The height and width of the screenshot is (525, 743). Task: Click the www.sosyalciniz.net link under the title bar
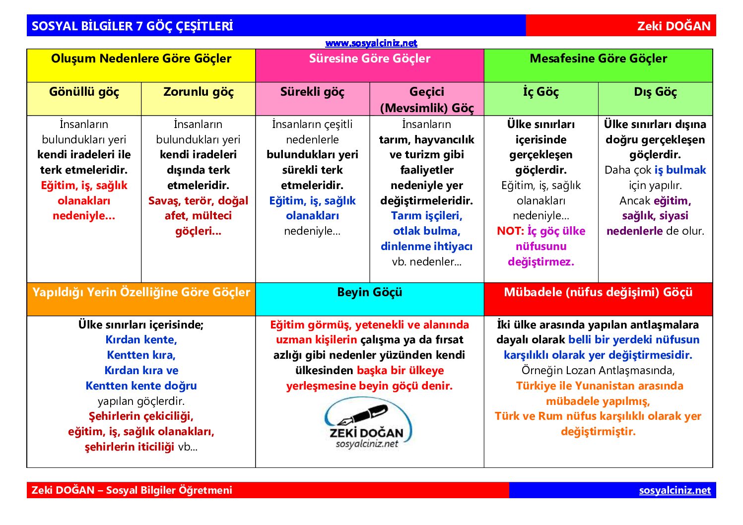coord(371,43)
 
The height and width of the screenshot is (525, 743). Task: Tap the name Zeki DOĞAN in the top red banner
coord(674,26)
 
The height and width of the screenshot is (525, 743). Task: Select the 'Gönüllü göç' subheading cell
coord(84,92)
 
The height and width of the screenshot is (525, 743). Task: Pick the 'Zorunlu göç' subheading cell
coord(198,92)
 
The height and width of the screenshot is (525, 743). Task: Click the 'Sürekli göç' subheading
coord(312,92)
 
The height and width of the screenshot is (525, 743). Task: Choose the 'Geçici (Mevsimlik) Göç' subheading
coord(427,99)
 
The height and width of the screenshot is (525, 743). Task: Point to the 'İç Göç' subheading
coord(540,92)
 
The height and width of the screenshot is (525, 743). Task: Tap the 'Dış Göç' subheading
coord(655,92)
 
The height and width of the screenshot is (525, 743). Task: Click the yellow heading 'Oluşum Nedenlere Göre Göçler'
coord(141,59)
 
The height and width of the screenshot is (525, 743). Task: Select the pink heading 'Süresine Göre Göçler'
coord(369,59)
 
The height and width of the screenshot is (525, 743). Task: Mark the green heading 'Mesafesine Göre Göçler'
coord(598,59)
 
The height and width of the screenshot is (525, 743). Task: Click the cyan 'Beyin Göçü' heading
coord(369,293)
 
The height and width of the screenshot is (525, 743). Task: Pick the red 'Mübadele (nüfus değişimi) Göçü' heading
coord(598,293)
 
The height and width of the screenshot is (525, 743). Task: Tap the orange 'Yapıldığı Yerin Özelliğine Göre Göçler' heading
coord(141,293)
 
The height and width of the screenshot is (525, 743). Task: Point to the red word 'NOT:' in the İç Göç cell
coord(510,231)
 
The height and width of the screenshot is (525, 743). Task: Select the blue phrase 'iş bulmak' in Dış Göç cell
coord(680,170)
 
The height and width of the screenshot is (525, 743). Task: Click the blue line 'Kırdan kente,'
coord(141,340)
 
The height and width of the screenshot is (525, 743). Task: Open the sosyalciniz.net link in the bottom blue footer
coord(675,490)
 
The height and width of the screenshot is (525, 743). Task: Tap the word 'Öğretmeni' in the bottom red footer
coord(208,490)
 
